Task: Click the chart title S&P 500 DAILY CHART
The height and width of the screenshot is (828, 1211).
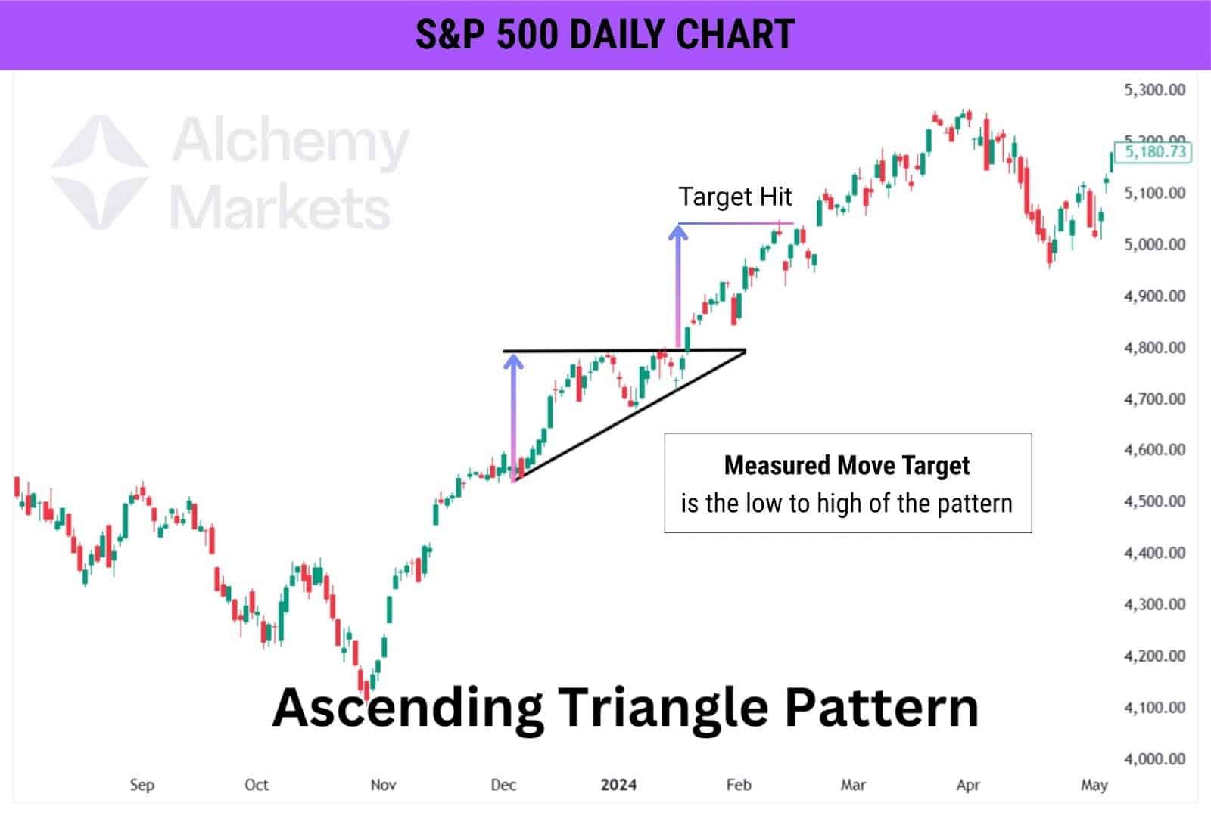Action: (x=605, y=35)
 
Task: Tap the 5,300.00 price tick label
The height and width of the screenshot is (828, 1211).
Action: (x=1154, y=90)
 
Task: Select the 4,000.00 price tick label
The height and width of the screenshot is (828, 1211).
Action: (x=1154, y=758)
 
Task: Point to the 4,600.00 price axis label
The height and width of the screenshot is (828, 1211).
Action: (x=1154, y=450)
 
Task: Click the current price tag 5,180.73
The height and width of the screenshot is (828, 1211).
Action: (x=1155, y=152)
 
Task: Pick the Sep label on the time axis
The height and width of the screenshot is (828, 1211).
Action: (x=142, y=785)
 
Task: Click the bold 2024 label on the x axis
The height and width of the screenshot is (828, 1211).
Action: (x=618, y=785)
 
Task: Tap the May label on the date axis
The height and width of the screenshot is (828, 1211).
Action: (x=1094, y=785)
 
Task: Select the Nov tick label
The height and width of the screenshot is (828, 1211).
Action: (x=383, y=785)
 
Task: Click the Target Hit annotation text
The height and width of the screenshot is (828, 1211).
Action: (x=734, y=197)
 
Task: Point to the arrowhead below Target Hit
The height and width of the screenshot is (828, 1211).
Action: (x=677, y=232)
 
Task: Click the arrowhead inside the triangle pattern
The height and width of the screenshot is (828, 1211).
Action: (x=514, y=362)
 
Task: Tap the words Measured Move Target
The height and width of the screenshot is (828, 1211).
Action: (x=846, y=465)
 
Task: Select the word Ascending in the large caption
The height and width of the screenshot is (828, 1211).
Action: (x=407, y=708)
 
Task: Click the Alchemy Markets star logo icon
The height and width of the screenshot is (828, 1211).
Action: (x=100, y=172)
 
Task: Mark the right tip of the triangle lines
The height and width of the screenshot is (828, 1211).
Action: (x=745, y=350)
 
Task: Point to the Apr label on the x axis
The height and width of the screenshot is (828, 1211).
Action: (x=967, y=785)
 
